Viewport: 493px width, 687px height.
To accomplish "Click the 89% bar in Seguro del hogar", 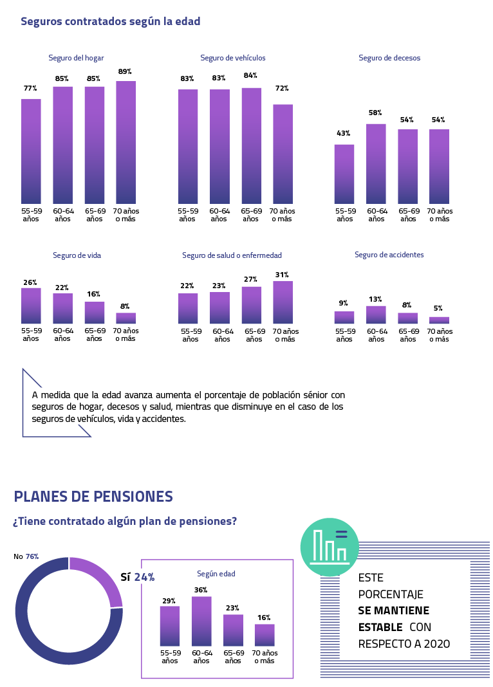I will pos(126,142).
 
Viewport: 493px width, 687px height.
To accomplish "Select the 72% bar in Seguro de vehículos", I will pos(283,154).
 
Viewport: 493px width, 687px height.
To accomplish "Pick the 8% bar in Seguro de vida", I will pos(126,318).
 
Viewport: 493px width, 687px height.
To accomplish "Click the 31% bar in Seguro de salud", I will pos(283,302).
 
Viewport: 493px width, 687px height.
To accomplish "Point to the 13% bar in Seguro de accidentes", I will pos(376,315).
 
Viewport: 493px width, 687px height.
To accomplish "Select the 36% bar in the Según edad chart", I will pos(201,621).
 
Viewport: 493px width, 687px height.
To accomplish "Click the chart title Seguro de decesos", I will pos(389,58).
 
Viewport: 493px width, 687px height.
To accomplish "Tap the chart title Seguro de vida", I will pos(77,255).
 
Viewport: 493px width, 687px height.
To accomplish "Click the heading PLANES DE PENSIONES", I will pos(93,497).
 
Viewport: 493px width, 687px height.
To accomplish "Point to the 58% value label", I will pos(376,113).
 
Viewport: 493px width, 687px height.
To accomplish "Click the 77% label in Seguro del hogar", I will pos(30,88).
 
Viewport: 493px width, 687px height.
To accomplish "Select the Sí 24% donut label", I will pos(138,577).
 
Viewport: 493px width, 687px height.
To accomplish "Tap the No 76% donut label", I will pos(26,556).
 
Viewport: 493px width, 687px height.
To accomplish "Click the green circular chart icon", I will pos(330,547).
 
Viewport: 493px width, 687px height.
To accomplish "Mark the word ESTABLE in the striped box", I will pos(380,627).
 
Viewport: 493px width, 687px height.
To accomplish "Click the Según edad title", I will pos(216,574).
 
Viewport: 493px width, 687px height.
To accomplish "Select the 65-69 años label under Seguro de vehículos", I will pos(250,215).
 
